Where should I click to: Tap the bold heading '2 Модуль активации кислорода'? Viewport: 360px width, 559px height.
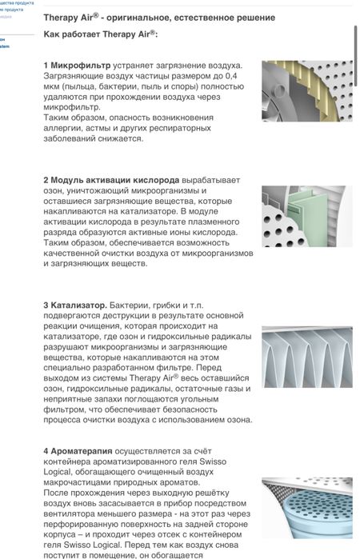tap(111, 180)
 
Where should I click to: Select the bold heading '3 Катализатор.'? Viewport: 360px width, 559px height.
tap(74, 305)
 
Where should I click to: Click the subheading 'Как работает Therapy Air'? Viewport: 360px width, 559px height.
tap(100, 36)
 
